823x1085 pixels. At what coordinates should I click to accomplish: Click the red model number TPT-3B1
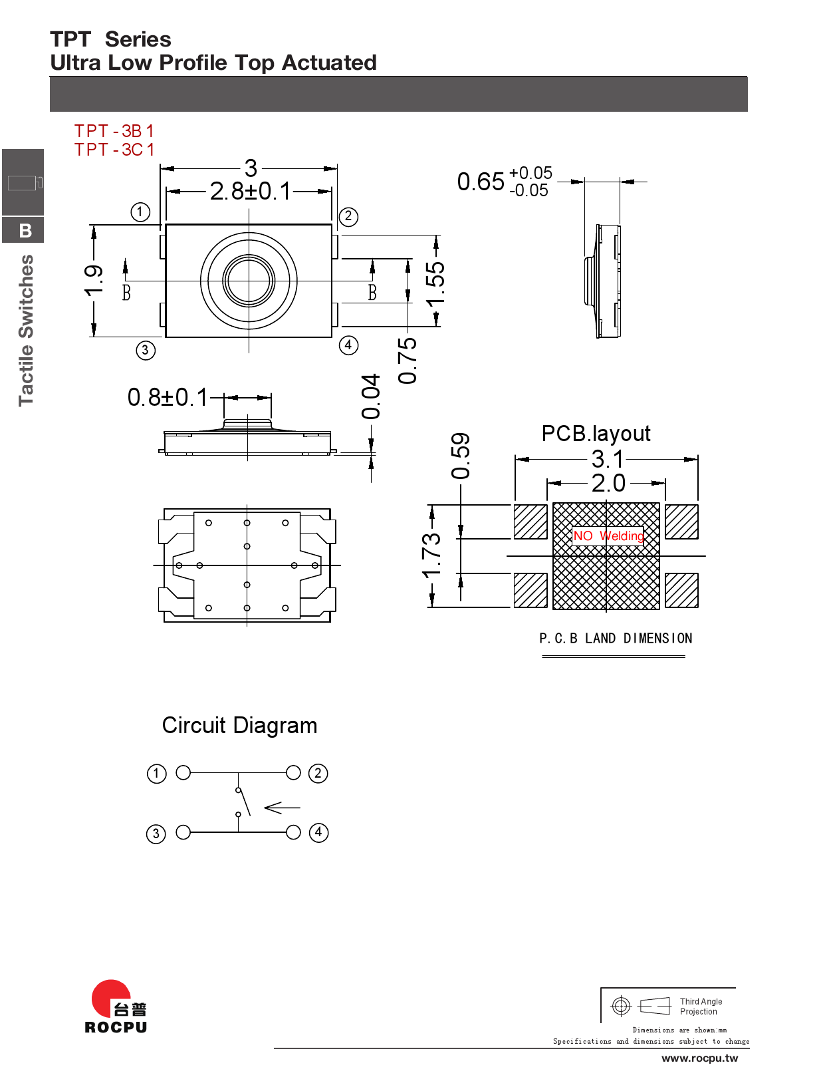(x=114, y=131)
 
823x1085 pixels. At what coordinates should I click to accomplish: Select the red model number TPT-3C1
(x=114, y=150)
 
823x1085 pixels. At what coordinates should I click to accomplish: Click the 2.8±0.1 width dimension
(x=250, y=192)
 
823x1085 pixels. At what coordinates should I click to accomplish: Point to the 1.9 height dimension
(x=94, y=280)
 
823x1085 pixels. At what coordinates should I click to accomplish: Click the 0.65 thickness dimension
(x=480, y=182)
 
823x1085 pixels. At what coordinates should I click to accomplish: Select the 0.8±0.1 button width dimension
(x=168, y=398)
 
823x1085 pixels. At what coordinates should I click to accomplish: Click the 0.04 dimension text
(x=371, y=396)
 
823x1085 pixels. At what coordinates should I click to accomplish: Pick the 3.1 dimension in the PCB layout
(x=608, y=459)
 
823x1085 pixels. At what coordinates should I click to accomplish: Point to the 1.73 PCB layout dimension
(x=431, y=555)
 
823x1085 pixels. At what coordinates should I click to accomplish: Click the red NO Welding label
(x=608, y=536)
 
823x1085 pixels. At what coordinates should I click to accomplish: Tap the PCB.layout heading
(x=596, y=434)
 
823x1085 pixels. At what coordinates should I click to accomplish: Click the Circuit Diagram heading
(x=239, y=726)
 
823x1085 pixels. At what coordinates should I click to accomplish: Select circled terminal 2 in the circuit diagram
(x=318, y=773)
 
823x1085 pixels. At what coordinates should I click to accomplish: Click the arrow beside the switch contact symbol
(x=282, y=808)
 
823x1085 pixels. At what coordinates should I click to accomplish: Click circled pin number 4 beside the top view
(x=348, y=345)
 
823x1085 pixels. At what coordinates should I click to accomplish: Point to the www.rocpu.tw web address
(x=699, y=1058)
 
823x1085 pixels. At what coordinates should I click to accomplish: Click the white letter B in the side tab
(x=25, y=231)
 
